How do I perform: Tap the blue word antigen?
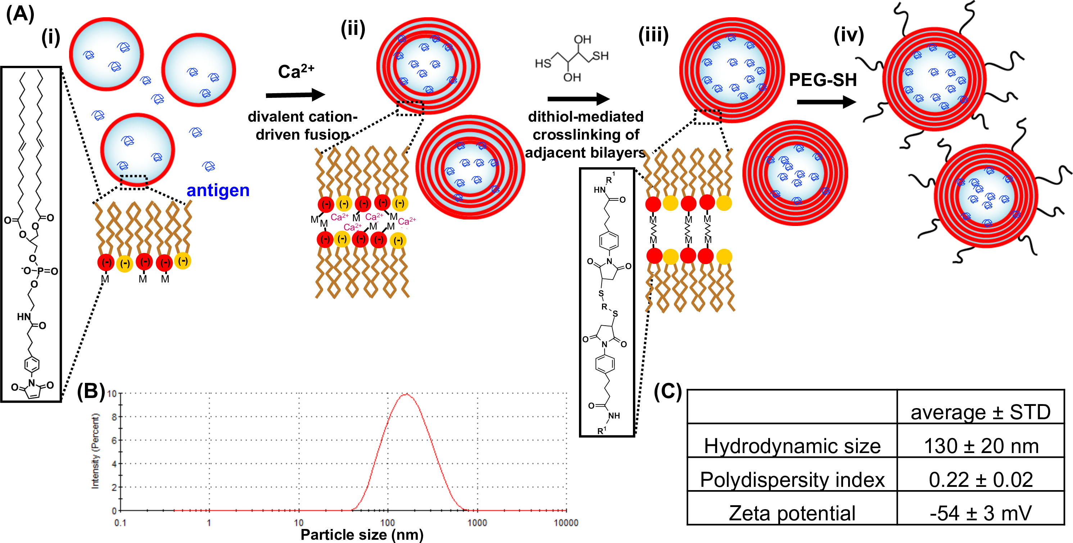[x=218, y=190]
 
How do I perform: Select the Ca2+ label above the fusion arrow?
[x=296, y=71]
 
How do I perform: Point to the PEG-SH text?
[x=823, y=80]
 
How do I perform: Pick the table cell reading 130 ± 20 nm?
[x=981, y=446]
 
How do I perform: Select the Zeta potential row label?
[x=792, y=513]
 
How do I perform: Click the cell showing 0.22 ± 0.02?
[x=981, y=480]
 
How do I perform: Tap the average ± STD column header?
[x=980, y=412]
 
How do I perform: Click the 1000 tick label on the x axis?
[x=477, y=523]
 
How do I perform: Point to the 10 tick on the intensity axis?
[x=112, y=394]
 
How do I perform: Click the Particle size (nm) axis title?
[x=362, y=535]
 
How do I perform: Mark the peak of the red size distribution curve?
[x=406, y=394]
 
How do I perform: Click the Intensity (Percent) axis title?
[x=95, y=451]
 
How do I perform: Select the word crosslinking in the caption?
[x=586, y=135]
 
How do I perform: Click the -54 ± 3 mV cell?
[x=981, y=513]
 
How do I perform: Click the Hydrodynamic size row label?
[x=792, y=446]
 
